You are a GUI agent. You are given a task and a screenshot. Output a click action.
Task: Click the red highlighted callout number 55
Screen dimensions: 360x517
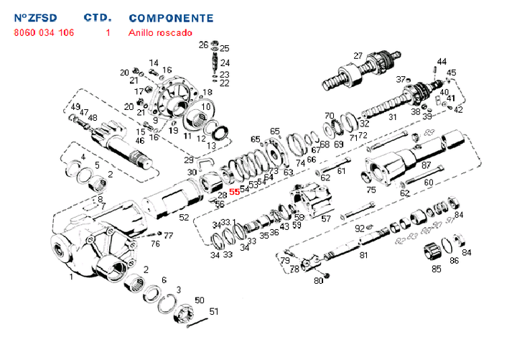(x=234, y=192)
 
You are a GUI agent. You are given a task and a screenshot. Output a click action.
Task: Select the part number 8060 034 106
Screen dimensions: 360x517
(x=43, y=32)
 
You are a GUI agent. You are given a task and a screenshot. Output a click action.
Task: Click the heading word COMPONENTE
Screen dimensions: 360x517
(x=171, y=17)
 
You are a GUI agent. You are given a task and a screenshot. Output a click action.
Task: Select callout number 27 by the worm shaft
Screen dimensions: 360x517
(x=358, y=56)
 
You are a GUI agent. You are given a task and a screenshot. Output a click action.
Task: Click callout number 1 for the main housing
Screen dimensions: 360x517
(x=70, y=276)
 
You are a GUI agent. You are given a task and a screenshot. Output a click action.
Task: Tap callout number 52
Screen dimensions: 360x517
(x=184, y=217)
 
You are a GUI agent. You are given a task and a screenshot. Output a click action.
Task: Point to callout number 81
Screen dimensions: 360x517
(x=363, y=254)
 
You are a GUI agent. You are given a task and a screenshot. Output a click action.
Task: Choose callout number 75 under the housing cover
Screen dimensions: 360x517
(x=371, y=190)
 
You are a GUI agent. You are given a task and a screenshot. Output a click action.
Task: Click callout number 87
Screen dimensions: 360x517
(x=426, y=165)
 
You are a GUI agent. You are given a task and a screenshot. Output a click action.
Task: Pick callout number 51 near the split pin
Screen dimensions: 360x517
(x=213, y=311)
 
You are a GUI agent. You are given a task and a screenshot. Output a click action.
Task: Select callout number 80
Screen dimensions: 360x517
(x=319, y=280)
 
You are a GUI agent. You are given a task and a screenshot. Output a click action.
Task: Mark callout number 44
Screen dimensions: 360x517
(x=442, y=62)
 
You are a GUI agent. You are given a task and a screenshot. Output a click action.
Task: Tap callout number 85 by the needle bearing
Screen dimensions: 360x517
(x=436, y=269)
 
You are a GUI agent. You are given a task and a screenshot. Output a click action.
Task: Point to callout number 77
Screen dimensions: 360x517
(x=168, y=235)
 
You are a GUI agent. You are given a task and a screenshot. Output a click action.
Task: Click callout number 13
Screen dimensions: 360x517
(x=211, y=146)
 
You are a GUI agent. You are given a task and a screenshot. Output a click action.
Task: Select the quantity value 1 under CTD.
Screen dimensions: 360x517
(x=108, y=32)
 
